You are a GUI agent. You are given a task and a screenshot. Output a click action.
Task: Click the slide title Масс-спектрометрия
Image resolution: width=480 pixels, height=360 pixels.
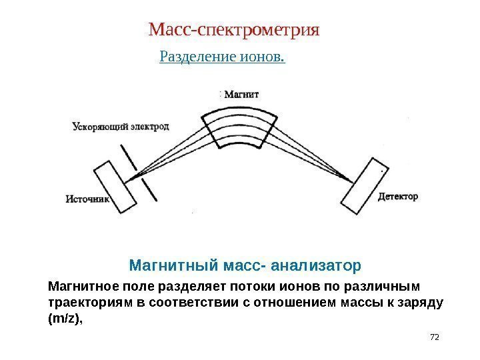(234, 30)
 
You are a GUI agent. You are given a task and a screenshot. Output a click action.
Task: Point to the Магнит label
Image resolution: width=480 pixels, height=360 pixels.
(241, 94)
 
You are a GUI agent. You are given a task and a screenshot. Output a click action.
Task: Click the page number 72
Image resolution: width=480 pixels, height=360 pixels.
(435, 337)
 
